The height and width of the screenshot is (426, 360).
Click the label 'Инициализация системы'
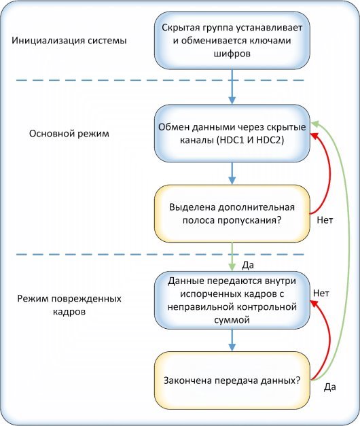[x=69, y=41]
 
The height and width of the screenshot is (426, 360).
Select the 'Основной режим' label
[x=69, y=134]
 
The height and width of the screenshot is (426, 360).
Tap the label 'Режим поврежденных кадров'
[x=69, y=305]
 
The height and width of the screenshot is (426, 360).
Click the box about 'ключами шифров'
[x=232, y=41]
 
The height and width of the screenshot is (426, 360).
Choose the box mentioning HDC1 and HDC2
[x=232, y=133]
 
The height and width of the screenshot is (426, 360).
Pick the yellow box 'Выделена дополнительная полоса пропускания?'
[x=232, y=213]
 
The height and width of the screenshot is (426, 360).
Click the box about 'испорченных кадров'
[x=232, y=300]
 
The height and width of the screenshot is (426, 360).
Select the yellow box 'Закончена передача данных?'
[x=232, y=380]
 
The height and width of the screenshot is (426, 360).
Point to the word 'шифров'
[x=232, y=54]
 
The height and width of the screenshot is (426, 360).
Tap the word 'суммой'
[x=232, y=320]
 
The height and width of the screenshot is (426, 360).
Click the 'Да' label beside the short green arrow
[x=248, y=265]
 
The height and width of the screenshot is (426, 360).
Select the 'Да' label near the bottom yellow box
[x=329, y=387]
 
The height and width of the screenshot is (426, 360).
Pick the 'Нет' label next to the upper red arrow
[x=325, y=219]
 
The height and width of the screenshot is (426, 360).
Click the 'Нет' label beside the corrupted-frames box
[x=321, y=293]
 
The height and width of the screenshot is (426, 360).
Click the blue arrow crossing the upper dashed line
[x=232, y=87]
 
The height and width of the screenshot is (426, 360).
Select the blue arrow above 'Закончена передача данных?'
[x=232, y=340]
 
